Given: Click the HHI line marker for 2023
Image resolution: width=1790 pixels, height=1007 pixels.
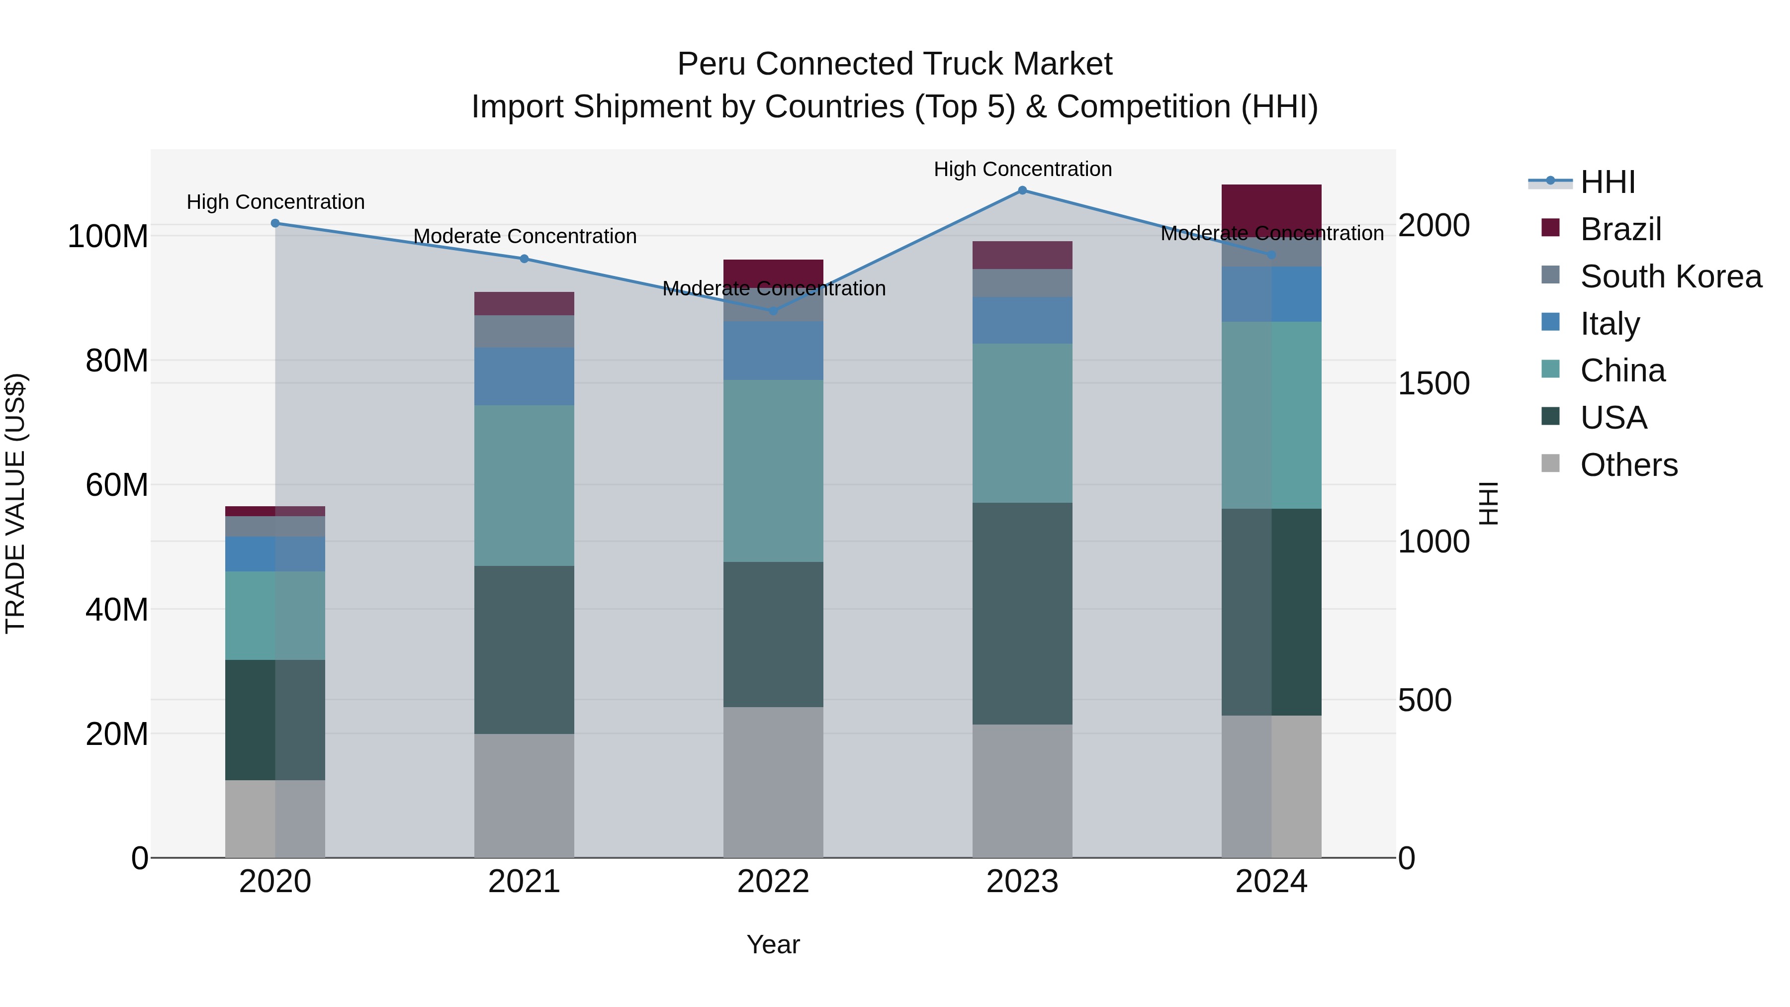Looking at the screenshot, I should [x=1022, y=190].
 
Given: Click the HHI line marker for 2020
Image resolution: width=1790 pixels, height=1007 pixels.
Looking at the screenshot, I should [x=275, y=223].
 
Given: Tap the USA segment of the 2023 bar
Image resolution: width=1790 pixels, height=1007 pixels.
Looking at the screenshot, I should [x=1022, y=614].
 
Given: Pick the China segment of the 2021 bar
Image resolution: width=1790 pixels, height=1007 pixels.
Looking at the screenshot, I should [x=524, y=485].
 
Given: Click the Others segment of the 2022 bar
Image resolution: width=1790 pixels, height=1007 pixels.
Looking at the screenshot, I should [x=773, y=782].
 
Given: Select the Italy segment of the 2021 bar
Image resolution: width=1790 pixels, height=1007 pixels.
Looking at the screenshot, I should [x=524, y=376].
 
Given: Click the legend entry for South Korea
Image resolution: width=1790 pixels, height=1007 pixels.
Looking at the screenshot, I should [x=1671, y=276].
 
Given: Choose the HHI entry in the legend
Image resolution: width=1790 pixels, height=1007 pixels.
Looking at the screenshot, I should [x=1607, y=182].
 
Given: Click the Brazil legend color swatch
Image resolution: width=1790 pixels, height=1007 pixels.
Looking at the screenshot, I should [x=1550, y=228].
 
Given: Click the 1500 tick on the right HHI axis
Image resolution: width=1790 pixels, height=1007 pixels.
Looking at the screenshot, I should [x=1433, y=383].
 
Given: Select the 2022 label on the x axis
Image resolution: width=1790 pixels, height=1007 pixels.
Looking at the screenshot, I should [x=773, y=882].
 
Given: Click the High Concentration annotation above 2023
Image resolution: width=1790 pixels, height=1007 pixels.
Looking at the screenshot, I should [x=1022, y=169].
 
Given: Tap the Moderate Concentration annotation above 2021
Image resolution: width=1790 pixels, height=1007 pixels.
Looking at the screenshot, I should [x=525, y=236].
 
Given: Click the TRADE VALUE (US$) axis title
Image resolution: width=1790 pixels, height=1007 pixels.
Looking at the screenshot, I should [x=15, y=503].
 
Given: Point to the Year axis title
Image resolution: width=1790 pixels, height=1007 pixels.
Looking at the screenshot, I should [x=773, y=944].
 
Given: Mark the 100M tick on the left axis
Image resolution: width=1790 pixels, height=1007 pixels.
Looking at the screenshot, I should [x=108, y=236].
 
